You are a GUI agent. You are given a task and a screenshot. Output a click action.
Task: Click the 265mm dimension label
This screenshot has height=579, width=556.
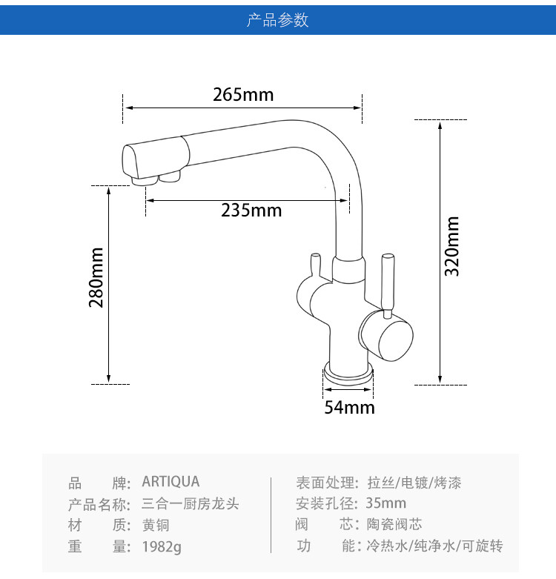(243, 95)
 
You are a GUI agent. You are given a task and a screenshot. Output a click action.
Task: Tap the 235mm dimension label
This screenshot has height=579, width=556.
(251, 211)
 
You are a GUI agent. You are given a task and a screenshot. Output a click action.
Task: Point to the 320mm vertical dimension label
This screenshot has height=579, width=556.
(452, 246)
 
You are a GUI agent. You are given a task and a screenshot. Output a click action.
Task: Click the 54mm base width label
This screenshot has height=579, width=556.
(349, 408)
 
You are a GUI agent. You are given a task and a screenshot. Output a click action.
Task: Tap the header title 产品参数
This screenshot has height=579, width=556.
(278, 20)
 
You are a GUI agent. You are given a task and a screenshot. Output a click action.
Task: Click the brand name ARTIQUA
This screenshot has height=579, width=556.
(171, 483)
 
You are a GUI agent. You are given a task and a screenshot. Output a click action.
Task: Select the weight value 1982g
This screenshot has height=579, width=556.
(161, 547)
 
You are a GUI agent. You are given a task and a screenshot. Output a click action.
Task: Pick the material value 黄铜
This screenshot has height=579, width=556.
(156, 526)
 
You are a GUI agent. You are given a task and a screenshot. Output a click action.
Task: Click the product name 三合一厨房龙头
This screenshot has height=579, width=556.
(190, 504)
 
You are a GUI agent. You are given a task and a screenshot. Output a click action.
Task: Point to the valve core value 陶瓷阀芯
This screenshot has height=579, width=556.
(394, 526)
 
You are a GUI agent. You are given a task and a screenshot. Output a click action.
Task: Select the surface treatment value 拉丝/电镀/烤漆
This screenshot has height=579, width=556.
(414, 483)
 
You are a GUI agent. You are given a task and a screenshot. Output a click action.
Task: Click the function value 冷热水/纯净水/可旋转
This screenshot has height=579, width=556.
(434, 547)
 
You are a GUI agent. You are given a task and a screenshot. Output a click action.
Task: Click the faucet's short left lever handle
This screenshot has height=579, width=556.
(314, 263)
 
